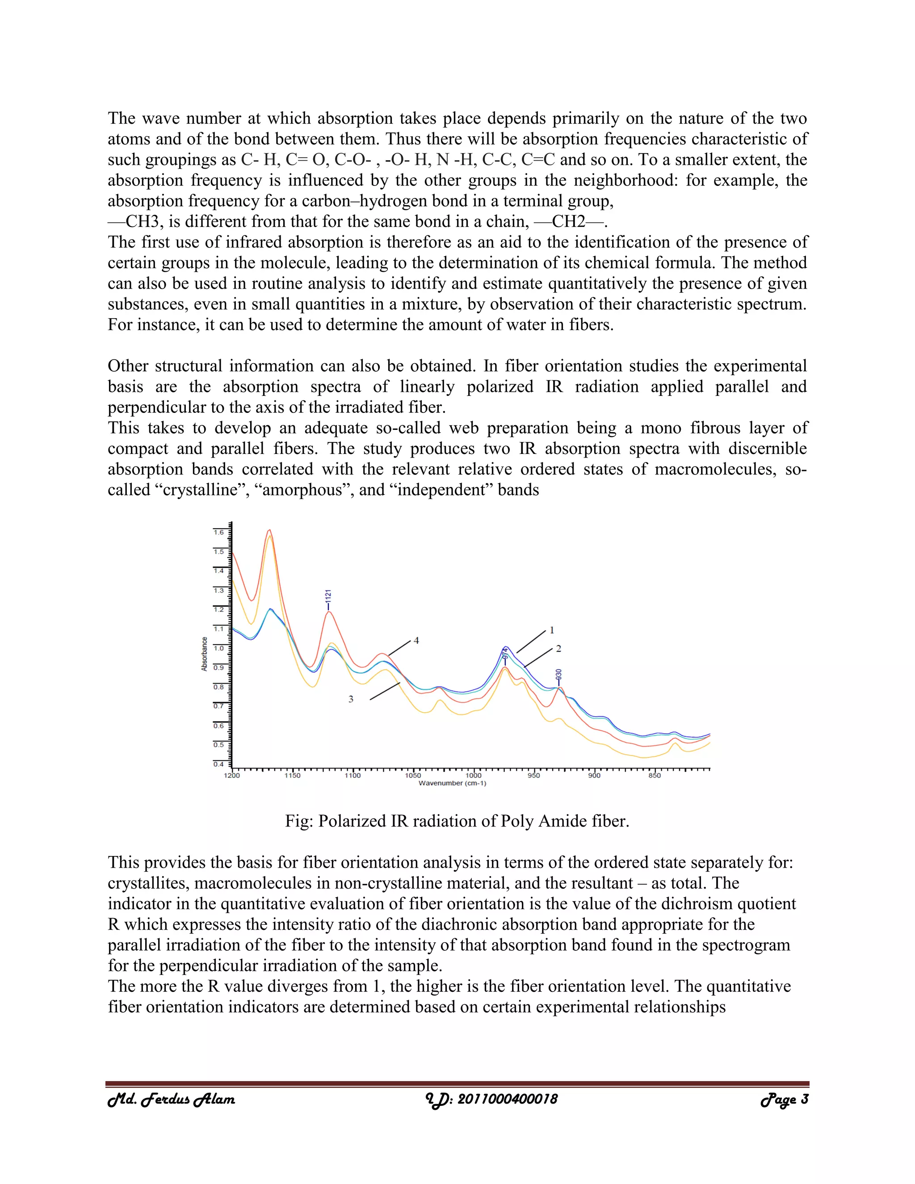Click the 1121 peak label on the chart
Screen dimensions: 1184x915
click(x=328, y=599)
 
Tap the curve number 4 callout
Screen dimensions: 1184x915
click(x=416, y=640)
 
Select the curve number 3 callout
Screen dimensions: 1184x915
click(x=351, y=699)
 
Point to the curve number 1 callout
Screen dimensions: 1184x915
click(x=552, y=630)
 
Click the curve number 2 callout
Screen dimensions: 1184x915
click(x=558, y=648)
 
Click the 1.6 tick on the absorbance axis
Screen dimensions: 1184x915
click(x=218, y=533)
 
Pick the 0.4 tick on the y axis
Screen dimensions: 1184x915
click(x=218, y=764)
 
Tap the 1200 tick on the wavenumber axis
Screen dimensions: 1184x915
click(x=232, y=775)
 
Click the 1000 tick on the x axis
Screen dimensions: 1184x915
click(x=473, y=775)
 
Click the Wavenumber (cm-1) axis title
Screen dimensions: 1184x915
click(x=452, y=783)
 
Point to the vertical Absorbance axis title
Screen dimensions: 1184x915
click(x=204, y=654)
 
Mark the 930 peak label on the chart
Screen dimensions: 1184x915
click(x=559, y=675)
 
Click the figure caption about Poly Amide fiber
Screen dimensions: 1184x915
click(x=457, y=821)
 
